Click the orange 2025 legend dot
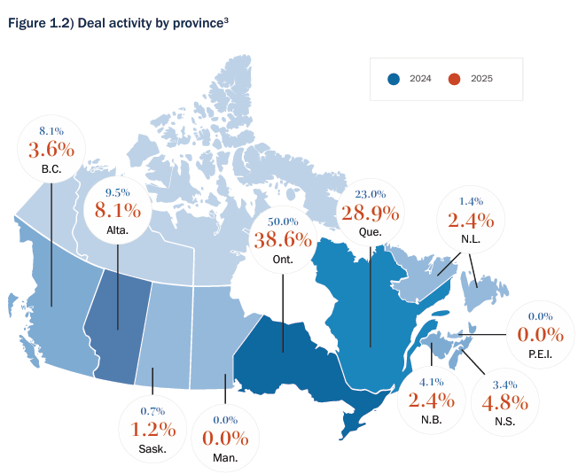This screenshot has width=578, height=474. click(455, 79)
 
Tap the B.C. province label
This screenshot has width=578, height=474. click(51, 168)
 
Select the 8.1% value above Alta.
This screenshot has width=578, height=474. click(118, 210)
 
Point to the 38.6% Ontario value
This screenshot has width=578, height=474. click(283, 238)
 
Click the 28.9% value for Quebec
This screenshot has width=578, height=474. click(371, 214)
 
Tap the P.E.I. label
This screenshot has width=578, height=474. click(540, 354)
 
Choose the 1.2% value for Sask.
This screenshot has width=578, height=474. click(148, 429)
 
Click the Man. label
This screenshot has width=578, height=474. click(224, 459)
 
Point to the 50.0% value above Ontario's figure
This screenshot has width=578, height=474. click(283, 220)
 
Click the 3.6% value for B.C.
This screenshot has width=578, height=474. click(51, 148)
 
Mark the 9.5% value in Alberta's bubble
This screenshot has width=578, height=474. click(118, 191)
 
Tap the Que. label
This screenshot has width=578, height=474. click(371, 233)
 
